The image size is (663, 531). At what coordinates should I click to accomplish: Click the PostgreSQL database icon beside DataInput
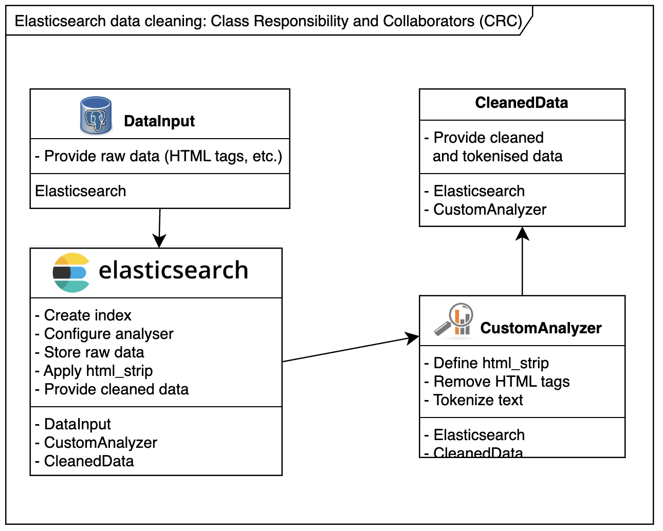tap(96, 116)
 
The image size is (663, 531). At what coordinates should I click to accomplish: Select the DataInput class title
tap(159, 121)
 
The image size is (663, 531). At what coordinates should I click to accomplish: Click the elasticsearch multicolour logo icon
tap(71, 273)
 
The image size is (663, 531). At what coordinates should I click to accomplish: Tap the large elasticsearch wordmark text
tap(173, 271)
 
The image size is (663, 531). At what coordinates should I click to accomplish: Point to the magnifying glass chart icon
tap(454, 321)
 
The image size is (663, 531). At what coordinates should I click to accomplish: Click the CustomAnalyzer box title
tap(541, 328)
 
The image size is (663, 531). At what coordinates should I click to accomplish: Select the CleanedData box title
tap(522, 103)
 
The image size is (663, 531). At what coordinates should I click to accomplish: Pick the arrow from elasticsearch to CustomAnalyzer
tap(351, 349)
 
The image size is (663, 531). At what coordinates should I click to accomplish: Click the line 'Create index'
tap(83, 315)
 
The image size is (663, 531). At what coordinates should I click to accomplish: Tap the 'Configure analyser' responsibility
tap(104, 334)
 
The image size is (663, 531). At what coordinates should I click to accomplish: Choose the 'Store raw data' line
tap(90, 352)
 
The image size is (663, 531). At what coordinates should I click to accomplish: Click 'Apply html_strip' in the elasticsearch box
tap(94, 371)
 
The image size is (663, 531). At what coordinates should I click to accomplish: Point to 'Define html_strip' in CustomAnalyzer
tap(487, 363)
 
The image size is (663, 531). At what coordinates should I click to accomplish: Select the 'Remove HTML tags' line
tap(497, 382)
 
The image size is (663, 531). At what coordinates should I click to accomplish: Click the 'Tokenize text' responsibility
tap(474, 400)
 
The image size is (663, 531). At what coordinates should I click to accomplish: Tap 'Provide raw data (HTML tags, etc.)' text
tap(159, 156)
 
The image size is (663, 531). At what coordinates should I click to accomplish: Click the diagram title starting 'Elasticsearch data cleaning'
tap(268, 21)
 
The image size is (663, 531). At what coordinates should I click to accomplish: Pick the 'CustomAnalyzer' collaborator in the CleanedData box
tap(486, 210)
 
